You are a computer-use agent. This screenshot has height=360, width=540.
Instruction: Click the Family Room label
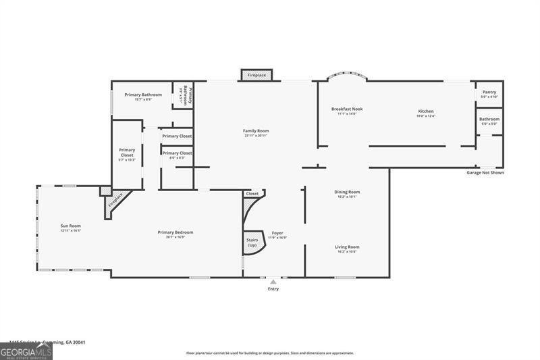(256, 130)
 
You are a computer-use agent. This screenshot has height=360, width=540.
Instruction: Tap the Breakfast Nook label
(347, 109)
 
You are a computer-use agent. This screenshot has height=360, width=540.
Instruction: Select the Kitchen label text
(425, 111)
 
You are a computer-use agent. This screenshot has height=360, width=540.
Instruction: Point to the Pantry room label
(489, 92)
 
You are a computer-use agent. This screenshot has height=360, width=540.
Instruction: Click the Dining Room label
(347, 192)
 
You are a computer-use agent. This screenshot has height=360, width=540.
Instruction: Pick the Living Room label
(347, 247)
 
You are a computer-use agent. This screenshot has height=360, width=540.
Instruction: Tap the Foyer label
(277, 233)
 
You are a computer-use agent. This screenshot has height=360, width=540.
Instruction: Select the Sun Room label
(70, 226)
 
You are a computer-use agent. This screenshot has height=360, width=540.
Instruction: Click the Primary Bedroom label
(171, 233)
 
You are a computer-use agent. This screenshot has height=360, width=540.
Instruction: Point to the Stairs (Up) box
(253, 242)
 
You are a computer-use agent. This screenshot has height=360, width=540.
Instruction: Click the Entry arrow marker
(273, 282)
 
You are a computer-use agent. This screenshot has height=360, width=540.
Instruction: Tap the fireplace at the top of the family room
(256, 75)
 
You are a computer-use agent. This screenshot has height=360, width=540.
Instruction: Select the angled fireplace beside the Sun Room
(114, 201)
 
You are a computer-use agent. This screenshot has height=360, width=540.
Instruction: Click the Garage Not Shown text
(485, 172)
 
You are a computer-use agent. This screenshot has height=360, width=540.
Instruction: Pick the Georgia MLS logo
(26, 351)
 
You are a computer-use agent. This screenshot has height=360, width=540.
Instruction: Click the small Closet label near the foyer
(252, 194)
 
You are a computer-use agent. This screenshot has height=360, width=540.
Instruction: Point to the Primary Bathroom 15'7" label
(143, 95)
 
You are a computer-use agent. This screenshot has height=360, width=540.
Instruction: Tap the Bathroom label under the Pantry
(489, 120)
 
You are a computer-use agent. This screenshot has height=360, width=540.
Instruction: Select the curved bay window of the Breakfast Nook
(347, 76)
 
